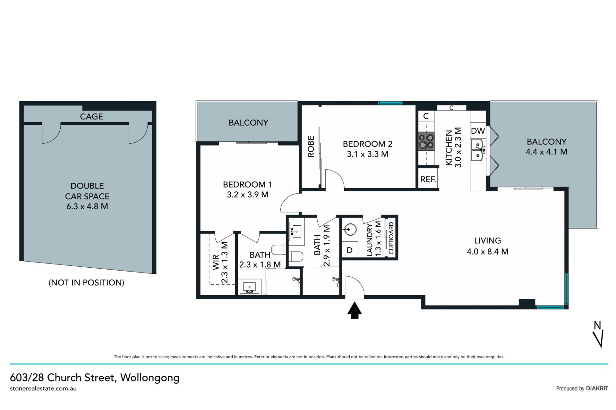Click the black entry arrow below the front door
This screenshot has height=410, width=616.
pos(355,310)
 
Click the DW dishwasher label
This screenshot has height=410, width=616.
pos(478,131)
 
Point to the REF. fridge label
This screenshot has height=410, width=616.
pos(428,179)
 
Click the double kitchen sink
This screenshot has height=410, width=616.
pos(478,150)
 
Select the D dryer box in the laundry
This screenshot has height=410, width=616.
pos(350,250)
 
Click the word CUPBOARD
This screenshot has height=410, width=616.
pos(391,238)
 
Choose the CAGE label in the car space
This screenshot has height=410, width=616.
pos(91,116)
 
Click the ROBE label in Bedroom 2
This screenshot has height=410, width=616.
pos(311,146)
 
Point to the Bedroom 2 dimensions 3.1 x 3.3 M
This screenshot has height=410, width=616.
pos(367,154)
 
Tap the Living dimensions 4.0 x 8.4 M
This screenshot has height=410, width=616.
pos(487,252)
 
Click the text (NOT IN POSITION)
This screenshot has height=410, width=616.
pos(86,282)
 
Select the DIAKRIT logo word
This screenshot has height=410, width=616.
pos(597,389)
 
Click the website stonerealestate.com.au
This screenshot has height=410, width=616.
pos(43,389)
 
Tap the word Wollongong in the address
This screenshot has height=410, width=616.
pos(150,378)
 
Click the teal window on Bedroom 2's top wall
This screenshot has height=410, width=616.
pos(390,103)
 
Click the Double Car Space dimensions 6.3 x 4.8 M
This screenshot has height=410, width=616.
pos(87,206)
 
